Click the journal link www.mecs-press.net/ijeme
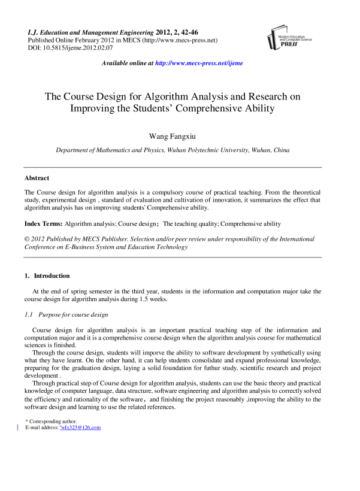(x=199, y=63)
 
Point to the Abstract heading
(x=37, y=178)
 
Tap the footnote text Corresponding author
(x=53, y=422)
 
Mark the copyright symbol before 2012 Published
(x=26, y=239)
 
